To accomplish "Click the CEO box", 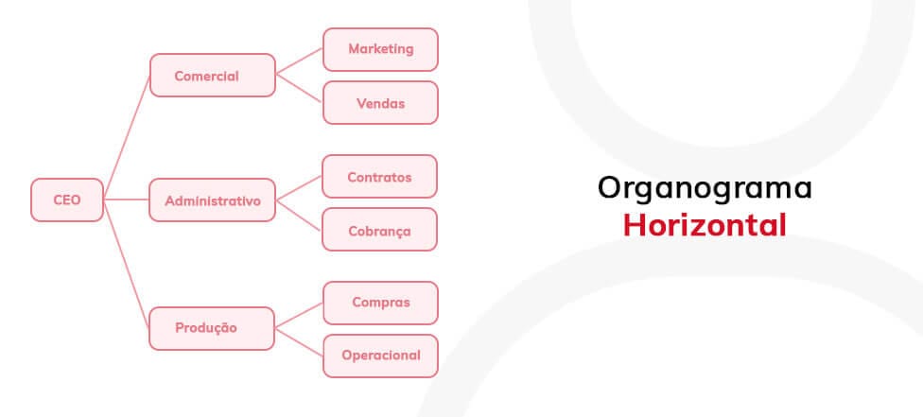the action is [x=67, y=200].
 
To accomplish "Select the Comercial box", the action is [x=213, y=76].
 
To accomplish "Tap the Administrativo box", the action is [x=213, y=200].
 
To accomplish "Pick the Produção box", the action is [x=212, y=329].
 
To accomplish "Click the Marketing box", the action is [x=381, y=49].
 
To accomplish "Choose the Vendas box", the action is [x=381, y=103].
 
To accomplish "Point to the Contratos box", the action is [x=379, y=177].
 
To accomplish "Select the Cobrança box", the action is [x=379, y=230].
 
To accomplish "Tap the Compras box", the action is [x=381, y=303].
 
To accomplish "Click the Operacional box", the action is [x=381, y=356].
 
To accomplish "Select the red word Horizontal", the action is [x=705, y=226].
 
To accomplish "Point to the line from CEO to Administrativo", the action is [x=126, y=200].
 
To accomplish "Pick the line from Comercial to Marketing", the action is [x=299, y=61].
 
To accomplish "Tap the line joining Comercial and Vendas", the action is [x=299, y=88].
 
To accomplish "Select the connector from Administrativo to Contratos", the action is [x=299, y=188].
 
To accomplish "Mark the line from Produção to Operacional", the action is [x=299, y=342].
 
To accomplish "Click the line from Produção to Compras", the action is [x=299, y=316].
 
